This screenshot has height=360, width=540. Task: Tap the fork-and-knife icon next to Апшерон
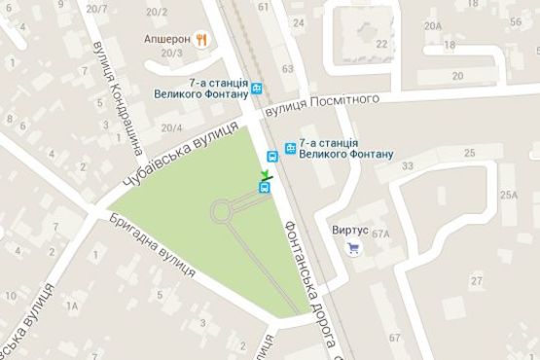coord(200,40)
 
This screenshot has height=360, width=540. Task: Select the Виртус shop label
coord(350,231)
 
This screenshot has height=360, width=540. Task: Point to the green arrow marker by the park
coord(264,175)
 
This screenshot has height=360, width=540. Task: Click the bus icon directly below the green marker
coord(264,188)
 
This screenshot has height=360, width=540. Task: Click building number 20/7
coord(96,9)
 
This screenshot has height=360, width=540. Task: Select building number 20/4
coord(172,127)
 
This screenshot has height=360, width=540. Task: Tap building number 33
coord(408,166)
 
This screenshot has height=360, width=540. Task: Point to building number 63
coord(286,69)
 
